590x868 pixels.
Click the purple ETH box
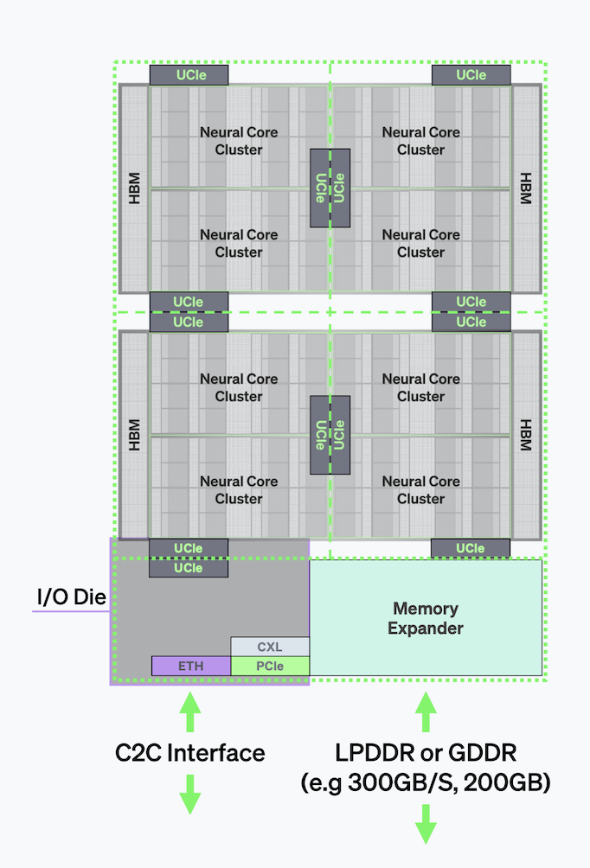coord(191,666)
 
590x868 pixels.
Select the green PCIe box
coord(270,666)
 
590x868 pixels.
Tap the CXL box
coord(270,647)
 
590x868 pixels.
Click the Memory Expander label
coord(426,618)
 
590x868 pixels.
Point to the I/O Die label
coord(72,597)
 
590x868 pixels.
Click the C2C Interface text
coord(190,753)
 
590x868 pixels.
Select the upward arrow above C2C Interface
coord(190,712)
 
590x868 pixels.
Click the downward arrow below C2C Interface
coord(190,795)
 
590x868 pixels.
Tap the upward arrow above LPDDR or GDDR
coord(426,712)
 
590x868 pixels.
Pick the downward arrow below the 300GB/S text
coord(426,824)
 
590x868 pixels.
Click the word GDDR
coord(482,753)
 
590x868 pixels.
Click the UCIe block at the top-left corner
coord(189,74)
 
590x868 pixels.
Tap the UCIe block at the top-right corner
coord(471,74)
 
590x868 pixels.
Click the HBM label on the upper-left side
coord(134,188)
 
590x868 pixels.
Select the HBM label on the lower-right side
coord(526,435)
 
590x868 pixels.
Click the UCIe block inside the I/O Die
coord(189,568)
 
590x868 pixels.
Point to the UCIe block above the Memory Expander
coord(471,548)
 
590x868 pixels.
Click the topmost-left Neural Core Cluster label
coord(239,141)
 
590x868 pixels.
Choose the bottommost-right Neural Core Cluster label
coord(421,490)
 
